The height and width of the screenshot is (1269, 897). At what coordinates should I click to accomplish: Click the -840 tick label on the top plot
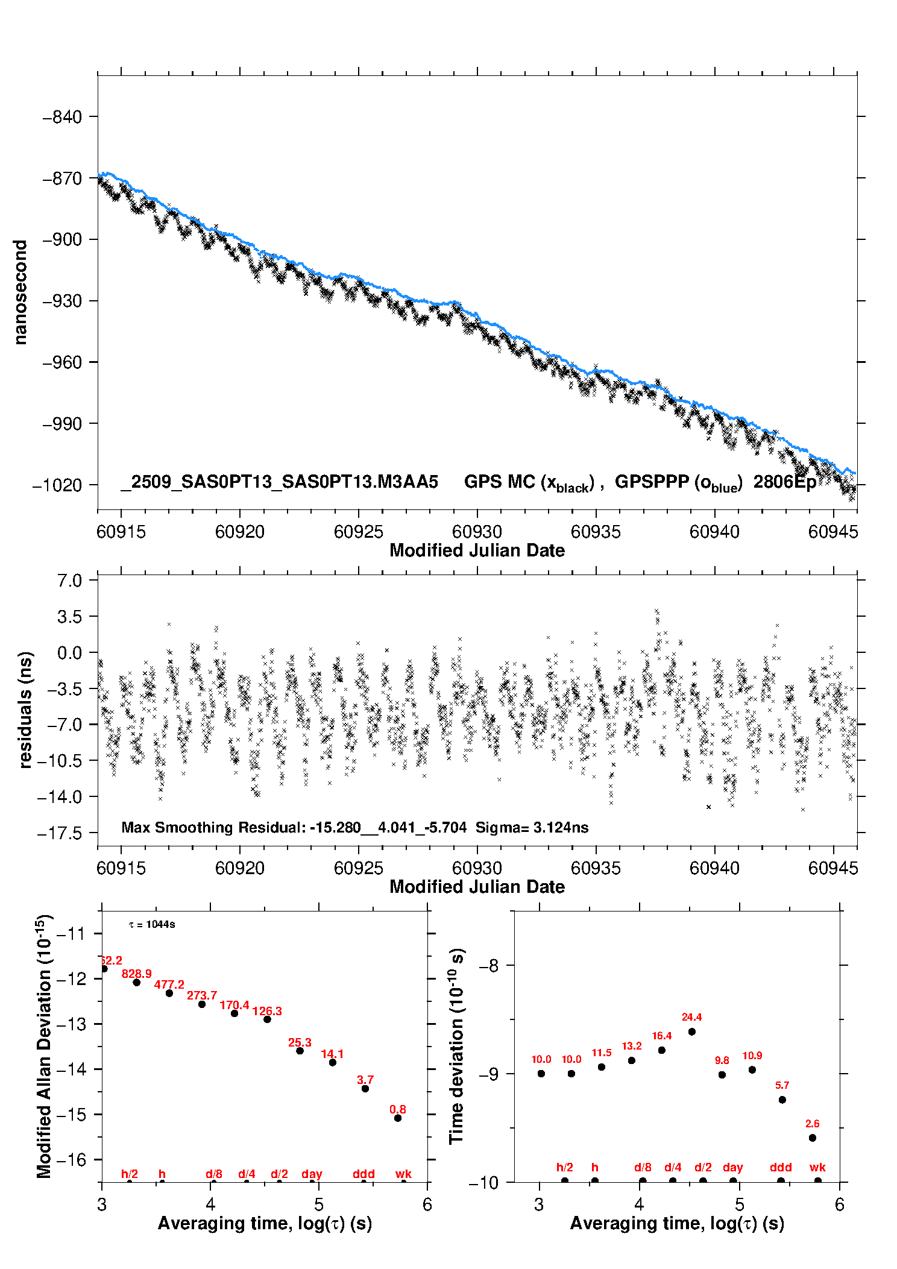click(x=63, y=117)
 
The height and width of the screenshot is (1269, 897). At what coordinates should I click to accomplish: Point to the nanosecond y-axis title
click(x=20, y=292)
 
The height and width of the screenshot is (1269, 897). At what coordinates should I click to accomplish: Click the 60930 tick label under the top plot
click(x=477, y=532)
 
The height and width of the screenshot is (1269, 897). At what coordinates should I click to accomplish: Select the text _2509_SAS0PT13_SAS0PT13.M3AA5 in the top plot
click(x=280, y=482)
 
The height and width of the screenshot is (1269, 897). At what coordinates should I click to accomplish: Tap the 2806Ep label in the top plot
click(x=785, y=482)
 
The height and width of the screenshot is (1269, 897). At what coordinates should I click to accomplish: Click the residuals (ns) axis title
click(x=25, y=710)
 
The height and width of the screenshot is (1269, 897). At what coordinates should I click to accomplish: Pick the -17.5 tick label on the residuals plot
click(x=60, y=834)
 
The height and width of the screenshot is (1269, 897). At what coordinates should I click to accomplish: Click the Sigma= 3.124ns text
click(x=532, y=827)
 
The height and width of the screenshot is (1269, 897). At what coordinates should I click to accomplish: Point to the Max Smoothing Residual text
click(x=213, y=827)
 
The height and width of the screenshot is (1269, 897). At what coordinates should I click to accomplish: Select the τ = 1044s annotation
click(x=152, y=925)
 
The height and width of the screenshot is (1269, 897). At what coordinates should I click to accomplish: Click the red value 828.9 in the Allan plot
click(x=137, y=974)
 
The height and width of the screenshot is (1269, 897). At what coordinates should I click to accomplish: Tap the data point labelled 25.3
click(x=300, y=1051)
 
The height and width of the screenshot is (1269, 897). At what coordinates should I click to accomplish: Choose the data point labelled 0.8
click(x=398, y=1118)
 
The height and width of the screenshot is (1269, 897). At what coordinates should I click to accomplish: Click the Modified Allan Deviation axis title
click(x=44, y=1046)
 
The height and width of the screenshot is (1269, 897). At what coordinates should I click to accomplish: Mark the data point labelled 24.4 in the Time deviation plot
click(x=691, y=1031)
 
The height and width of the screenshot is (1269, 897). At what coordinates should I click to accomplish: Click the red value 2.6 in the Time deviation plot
click(x=812, y=1124)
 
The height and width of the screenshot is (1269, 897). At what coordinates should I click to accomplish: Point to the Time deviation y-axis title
click(x=456, y=1046)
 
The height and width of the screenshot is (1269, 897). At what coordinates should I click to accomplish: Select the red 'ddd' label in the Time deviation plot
click(x=781, y=1168)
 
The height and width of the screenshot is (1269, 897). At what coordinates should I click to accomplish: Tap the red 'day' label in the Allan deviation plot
click(x=312, y=1174)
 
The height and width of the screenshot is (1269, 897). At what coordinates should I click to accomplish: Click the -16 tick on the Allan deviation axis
click(x=71, y=1160)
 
